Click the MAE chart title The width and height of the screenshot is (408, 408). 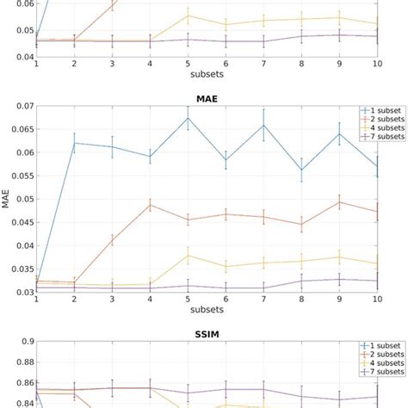(x=207, y=98)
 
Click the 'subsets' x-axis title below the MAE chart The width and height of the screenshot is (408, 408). (x=207, y=314)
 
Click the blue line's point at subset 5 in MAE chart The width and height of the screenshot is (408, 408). (x=188, y=118)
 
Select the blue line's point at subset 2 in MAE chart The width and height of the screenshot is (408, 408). (x=74, y=143)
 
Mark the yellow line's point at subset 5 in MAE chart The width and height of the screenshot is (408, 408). (x=188, y=255)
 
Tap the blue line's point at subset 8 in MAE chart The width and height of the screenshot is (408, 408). (x=301, y=169)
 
